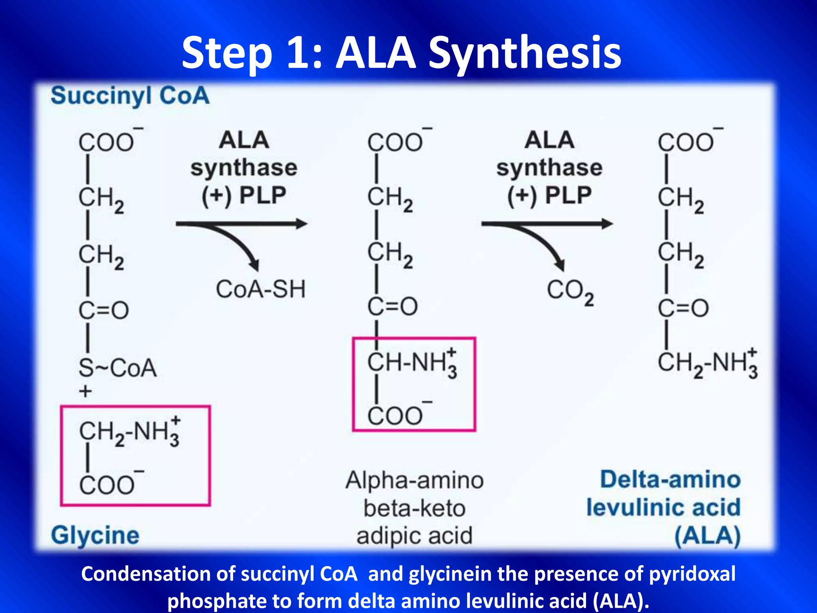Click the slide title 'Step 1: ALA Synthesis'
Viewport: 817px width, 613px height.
(401, 53)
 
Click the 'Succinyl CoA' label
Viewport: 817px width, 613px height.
(130, 96)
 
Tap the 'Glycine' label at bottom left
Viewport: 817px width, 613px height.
(95, 535)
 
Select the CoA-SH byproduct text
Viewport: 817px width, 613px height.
(260, 289)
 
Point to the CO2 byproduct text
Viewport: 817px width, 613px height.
(570, 291)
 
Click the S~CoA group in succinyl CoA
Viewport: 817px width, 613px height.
(117, 368)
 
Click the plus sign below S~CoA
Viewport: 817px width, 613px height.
(85, 391)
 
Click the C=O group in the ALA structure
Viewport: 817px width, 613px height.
(683, 308)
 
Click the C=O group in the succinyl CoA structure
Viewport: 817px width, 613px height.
(104, 310)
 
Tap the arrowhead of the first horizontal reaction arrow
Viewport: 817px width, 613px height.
(302, 224)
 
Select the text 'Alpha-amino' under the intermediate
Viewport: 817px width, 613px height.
(414, 481)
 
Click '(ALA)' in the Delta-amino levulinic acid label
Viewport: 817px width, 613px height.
(707, 536)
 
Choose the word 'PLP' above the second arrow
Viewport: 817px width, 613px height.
(568, 196)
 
